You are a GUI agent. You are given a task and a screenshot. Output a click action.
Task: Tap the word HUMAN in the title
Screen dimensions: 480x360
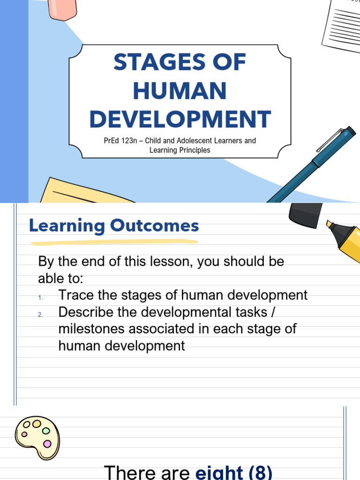pyautogui.click(x=180, y=91)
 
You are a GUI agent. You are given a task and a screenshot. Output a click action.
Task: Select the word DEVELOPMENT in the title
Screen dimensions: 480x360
pyautogui.click(x=180, y=119)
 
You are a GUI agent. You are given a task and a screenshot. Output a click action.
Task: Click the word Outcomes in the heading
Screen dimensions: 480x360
pyautogui.click(x=154, y=226)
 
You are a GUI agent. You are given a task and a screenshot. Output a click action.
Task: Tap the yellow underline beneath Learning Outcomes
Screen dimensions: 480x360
pyautogui.click(x=114, y=242)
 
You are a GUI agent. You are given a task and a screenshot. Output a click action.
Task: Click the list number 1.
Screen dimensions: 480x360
pyautogui.click(x=41, y=298)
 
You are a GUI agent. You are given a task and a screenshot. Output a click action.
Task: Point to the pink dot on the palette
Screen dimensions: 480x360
pyautogui.click(x=47, y=443)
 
